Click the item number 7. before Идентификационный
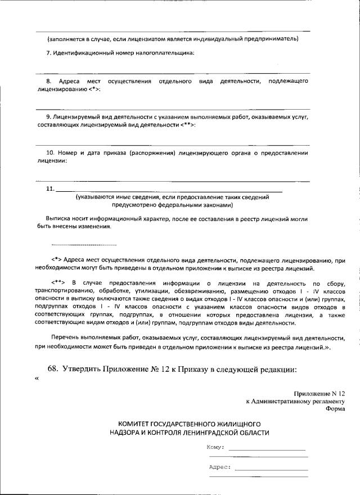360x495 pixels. (x=48, y=53)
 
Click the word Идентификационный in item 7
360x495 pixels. (x=83, y=53)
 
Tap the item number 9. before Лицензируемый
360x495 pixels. (x=48, y=116)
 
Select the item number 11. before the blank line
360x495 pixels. (x=49, y=189)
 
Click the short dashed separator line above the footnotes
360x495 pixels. (x=84, y=245)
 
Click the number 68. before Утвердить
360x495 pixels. (x=53, y=370)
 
